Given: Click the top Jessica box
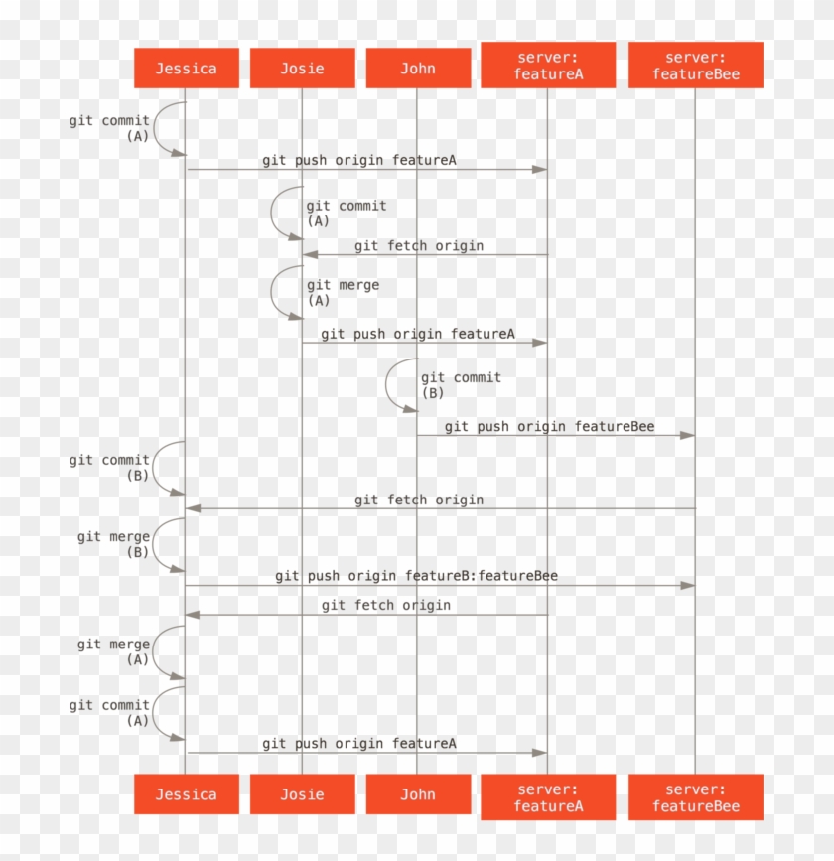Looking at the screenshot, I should (186, 69).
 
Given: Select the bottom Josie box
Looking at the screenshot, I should (302, 794).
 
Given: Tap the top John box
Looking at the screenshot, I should (418, 69).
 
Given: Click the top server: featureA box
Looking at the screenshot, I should (547, 66).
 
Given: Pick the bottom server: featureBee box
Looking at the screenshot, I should (695, 797).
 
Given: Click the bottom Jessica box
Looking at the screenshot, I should (186, 794).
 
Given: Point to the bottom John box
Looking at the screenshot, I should (418, 794).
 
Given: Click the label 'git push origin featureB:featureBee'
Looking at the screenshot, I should (416, 576).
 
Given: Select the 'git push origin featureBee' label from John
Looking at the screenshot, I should (549, 427).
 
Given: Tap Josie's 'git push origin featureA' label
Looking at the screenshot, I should (417, 334).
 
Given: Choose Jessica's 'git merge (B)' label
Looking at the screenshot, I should (114, 544).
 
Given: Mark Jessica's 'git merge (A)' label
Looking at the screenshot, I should (114, 652).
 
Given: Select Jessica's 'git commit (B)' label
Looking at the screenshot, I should (110, 468).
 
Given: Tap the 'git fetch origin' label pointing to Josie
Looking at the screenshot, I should (419, 245).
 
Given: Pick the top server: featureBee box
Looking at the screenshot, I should (695, 66).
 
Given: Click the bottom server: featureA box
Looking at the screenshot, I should (547, 797).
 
